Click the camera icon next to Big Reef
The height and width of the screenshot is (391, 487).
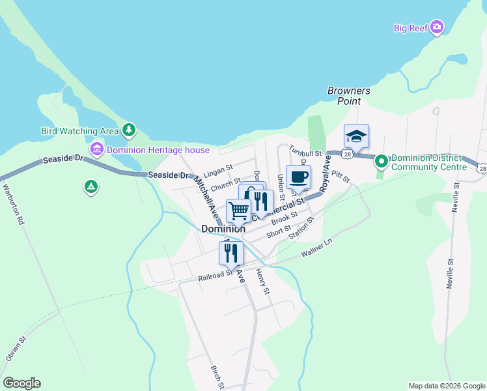[437, 27]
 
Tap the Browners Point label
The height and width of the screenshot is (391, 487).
[348, 96]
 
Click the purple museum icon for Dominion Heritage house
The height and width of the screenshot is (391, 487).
[97, 150]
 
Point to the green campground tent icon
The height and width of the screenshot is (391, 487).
[91, 188]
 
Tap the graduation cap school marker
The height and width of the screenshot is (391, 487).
[356, 137]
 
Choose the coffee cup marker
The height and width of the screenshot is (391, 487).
[298, 177]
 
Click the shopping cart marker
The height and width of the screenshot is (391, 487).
[238, 211]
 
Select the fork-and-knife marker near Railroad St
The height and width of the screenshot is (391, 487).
[231, 253]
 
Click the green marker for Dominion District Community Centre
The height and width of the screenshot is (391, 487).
[382, 160]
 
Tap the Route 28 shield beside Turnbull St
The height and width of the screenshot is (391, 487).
[349, 154]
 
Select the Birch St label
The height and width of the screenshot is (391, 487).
[217, 377]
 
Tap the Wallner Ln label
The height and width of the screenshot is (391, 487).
[316, 247]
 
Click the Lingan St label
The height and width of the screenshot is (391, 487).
[218, 171]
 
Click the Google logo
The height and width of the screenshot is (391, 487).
[21, 383]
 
